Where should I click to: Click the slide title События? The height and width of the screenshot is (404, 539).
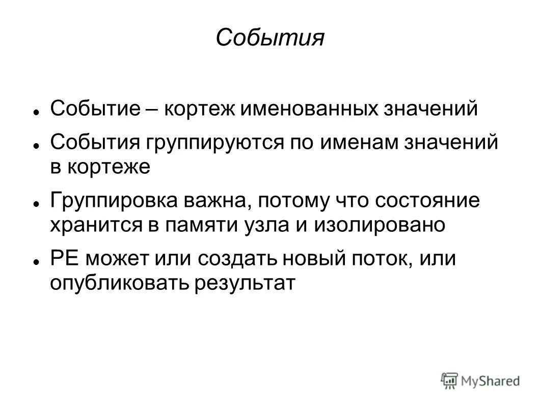pos(269,38)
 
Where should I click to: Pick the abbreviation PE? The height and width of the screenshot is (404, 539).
pos(64,259)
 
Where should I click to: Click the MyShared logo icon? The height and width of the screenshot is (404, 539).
pos(449,380)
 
